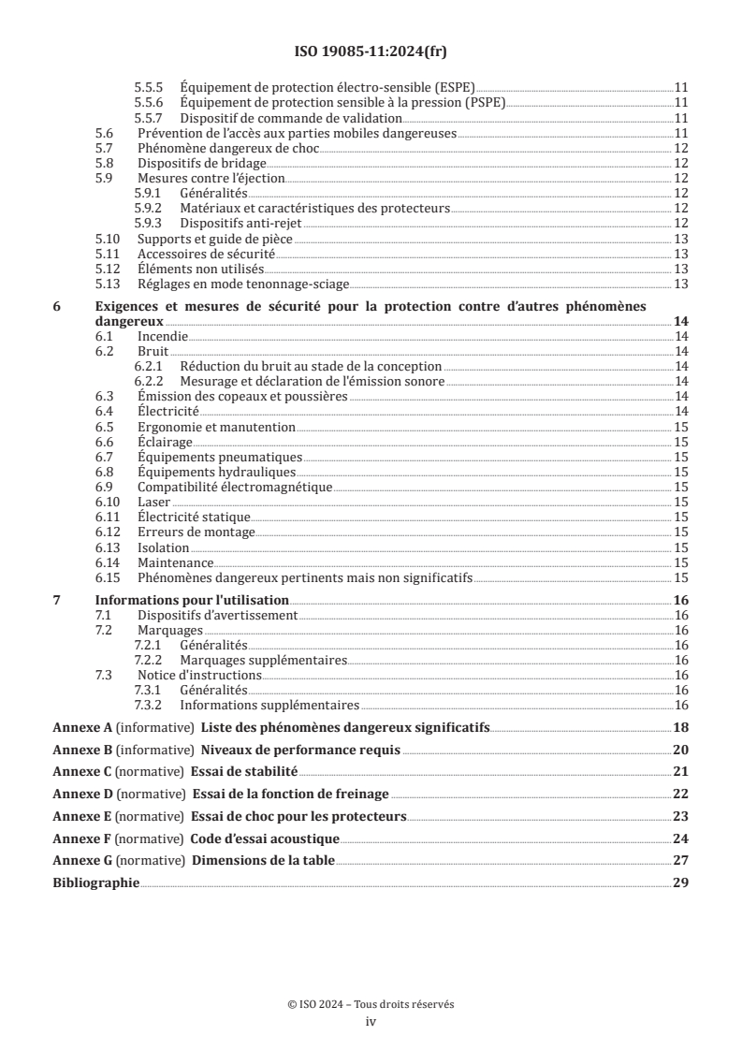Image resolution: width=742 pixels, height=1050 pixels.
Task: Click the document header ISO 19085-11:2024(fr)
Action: pyautogui.click(x=371, y=52)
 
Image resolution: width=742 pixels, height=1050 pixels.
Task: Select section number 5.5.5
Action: pyautogui.click(x=150, y=87)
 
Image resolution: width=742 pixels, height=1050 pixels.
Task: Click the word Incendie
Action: pyautogui.click(x=163, y=336)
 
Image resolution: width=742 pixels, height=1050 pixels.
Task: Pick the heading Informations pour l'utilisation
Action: pyautogui.click(x=192, y=600)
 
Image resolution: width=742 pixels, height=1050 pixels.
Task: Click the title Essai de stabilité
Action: pyautogui.click(x=244, y=771)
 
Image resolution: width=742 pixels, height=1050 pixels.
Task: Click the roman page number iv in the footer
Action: pyautogui.click(x=371, y=1022)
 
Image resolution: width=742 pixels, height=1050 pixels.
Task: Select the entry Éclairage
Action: pyautogui.click(x=165, y=442)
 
